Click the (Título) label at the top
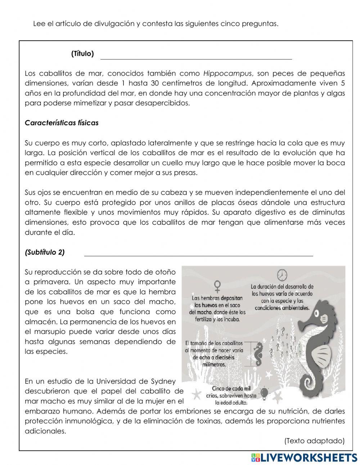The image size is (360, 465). [x=82, y=54]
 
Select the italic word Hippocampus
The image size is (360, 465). [x=227, y=73]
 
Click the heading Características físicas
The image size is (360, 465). [x=62, y=123]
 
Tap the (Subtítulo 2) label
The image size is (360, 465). [x=45, y=252]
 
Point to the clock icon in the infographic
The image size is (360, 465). [x=282, y=275]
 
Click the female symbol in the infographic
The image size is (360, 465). [x=217, y=287]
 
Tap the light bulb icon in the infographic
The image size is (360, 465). [x=265, y=392]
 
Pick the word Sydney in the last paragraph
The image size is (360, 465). [x=163, y=381]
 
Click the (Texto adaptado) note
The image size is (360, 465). [x=314, y=441]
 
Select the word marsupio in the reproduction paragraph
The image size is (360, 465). [x=47, y=331]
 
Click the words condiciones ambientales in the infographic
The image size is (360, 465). [x=282, y=308]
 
